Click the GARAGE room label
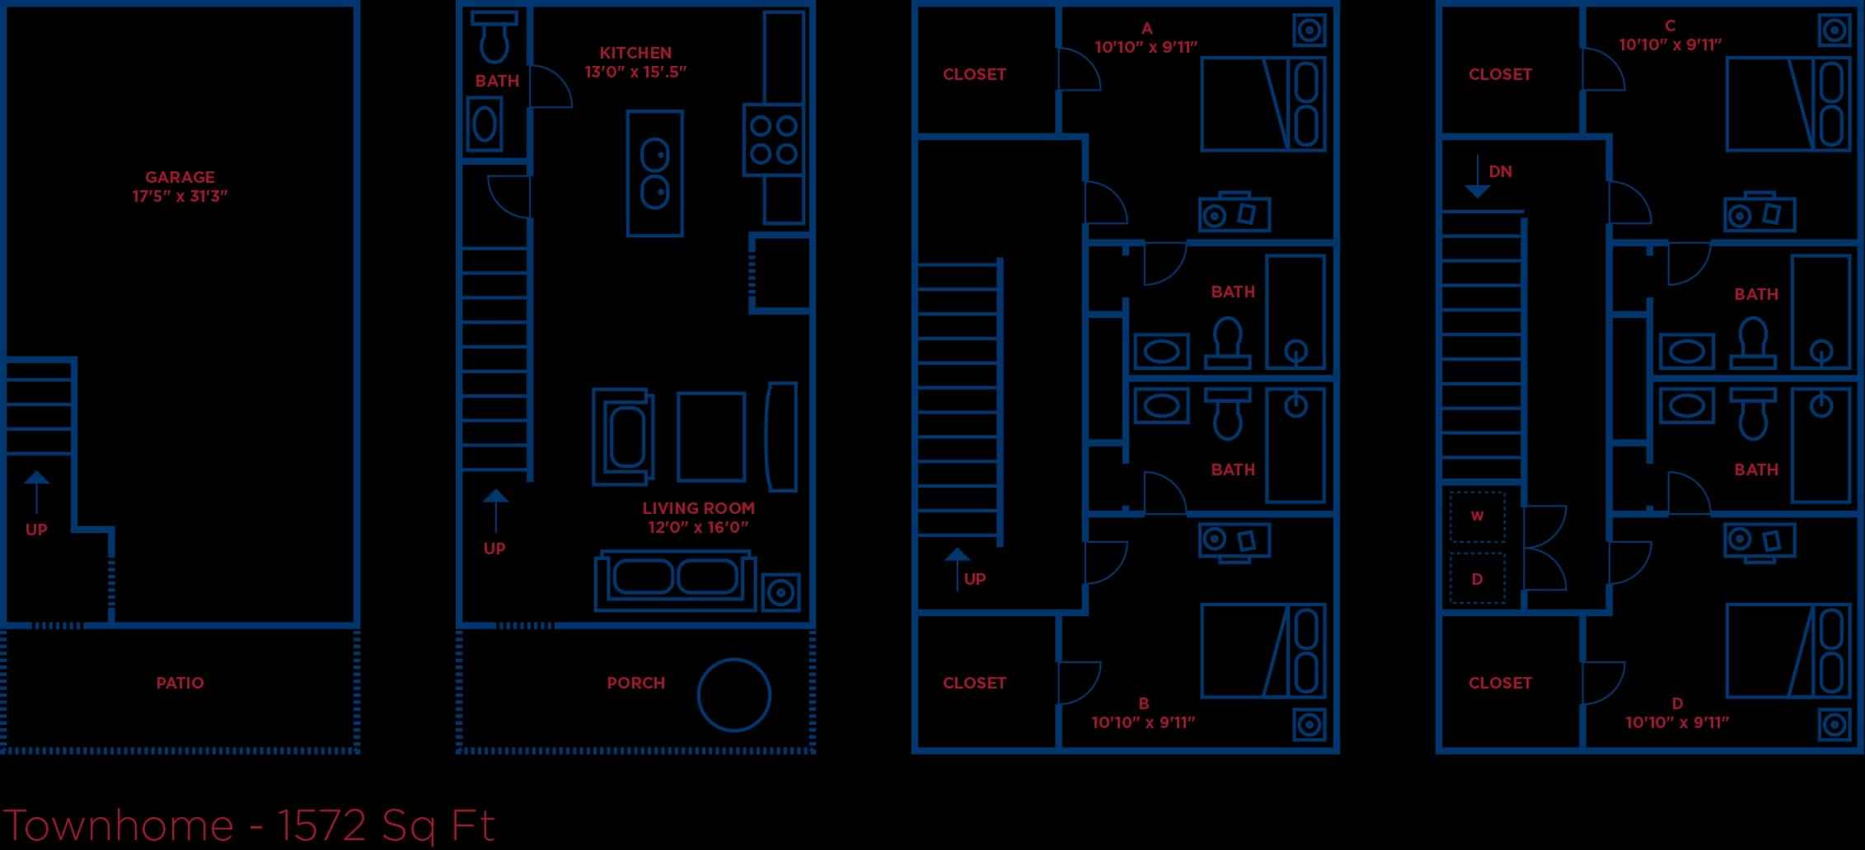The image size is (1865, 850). pyautogui.click(x=180, y=177)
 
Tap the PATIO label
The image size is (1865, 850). pyautogui.click(x=180, y=683)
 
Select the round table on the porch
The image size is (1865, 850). pyautogui.click(x=733, y=695)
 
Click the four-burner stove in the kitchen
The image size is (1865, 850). pyautogui.click(x=773, y=139)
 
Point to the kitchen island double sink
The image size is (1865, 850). pyautogui.click(x=655, y=174)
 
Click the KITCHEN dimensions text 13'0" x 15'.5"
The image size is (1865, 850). pyautogui.click(x=635, y=72)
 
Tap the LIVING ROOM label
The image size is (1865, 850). pyautogui.click(x=698, y=508)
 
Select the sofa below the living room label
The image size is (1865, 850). pyautogui.click(x=675, y=581)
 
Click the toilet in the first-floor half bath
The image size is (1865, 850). pyautogui.click(x=494, y=38)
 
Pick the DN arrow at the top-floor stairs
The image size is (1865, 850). pyautogui.click(x=1478, y=176)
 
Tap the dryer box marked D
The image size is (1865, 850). pyautogui.click(x=1477, y=579)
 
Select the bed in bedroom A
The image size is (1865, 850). pyautogui.click(x=1263, y=104)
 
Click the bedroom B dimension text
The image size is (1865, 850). pyautogui.click(x=1143, y=722)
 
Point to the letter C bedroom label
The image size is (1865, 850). pyautogui.click(x=1670, y=26)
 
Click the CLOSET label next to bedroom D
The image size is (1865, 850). pyautogui.click(x=1500, y=683)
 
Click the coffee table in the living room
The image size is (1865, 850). pyautogui.click(x=711, y=437)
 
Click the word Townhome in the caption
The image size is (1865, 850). pyautogui.click(x=119, y=825)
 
